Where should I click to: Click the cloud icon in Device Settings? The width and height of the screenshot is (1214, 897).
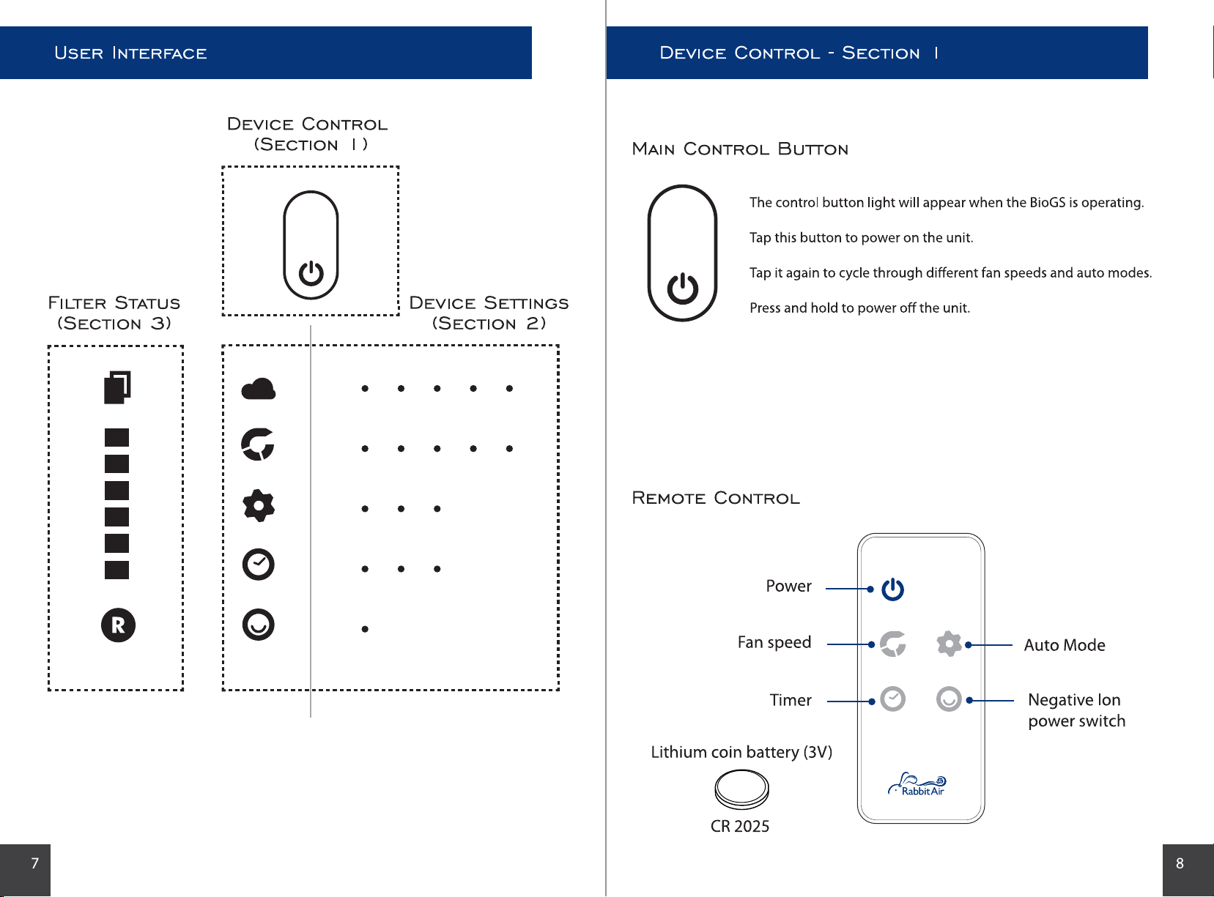pos(259,389)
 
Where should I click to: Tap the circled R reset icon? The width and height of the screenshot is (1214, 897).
pos(118,625)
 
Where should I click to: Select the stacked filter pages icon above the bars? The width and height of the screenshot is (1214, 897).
pos(117,387)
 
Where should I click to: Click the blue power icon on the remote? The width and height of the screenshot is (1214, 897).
pos(892,589)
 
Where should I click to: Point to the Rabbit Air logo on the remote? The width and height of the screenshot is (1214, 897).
pos(917,784)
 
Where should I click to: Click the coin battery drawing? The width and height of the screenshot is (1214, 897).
pos(741,789)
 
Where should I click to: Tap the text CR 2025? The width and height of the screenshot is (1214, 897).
pos(739,826)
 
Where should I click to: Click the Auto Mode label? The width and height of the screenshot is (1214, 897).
pos(1065,645)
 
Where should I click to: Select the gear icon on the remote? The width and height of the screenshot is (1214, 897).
pos(949,644)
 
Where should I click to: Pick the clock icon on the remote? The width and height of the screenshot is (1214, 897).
pos(892,699)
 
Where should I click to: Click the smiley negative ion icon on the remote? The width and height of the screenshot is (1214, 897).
pos(949,699)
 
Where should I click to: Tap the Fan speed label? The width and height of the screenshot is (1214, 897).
pos(774,642)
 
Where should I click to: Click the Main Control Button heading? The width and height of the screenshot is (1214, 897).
pos(740,149)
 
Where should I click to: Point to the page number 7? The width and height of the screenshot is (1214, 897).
pos(35,863)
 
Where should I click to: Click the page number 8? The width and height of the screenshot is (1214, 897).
pos(1180,863)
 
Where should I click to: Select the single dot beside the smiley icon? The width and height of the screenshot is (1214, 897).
pos(365,629)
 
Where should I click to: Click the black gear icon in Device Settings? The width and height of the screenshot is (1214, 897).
pos(259,506)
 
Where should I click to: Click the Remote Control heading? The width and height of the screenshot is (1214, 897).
pos(716,498)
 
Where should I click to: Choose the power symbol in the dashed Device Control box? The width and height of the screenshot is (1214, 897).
pos(311,273)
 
